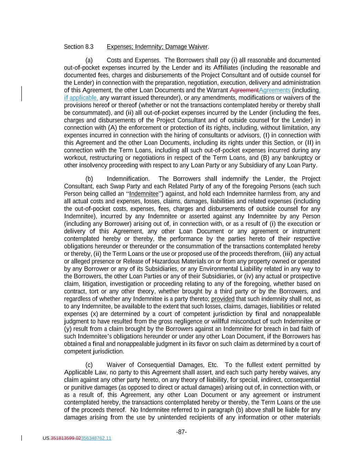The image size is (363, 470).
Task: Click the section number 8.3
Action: [x=89, y=47]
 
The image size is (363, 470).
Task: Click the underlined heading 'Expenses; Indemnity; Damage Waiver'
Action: [x=158, y=47]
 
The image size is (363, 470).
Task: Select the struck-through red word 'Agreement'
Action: [x=244, y=90]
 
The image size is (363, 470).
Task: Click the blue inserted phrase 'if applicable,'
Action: [x=81, y=98]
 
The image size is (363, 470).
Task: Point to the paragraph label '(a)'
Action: [x=89, y=60]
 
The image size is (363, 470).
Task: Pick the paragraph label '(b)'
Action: [x=89, y=179]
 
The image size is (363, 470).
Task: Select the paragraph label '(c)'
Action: [x=89, y=365]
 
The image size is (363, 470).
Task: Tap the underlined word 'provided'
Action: [x=223, y=299]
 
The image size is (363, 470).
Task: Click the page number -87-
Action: [x=181, y=432]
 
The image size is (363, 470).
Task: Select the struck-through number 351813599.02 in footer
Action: [x=66, y=438]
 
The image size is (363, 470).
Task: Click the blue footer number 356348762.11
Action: [x=96, y=438]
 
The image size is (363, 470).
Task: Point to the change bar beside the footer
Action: [x=22, y=438]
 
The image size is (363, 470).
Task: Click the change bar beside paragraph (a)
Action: [x=22, y=94]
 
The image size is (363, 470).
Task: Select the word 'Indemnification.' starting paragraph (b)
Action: [x=128, y=179]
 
